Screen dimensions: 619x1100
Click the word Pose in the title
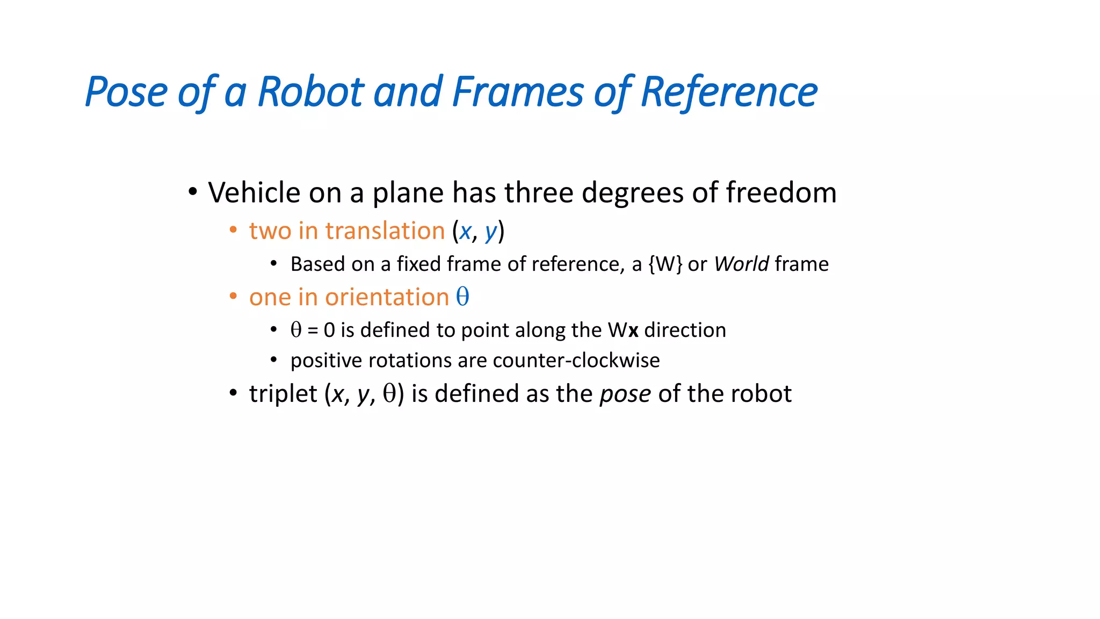(x=126, y=92)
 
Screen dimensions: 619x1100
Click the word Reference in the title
(x=729, y=92)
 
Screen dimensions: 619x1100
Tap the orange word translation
(x=385, y=231)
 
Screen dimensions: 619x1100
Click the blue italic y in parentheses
(x=490, y=232)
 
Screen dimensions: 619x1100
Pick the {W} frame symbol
(x=665, y=264)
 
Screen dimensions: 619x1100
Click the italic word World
(x=741, y=264)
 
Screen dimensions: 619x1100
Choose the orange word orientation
(x=387, y=297)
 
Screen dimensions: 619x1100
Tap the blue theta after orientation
(x=462, y=297)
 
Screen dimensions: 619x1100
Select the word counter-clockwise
(x=576, y=360)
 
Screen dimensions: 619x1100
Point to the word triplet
(x=283, y=394)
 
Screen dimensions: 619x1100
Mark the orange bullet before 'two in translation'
(x=233, y=231)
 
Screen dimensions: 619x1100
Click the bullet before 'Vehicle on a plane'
(x=193, y=192)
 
